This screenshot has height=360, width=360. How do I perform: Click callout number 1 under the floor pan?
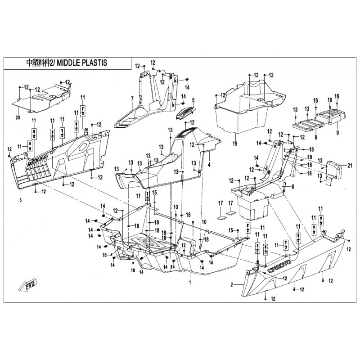tap(190, 282)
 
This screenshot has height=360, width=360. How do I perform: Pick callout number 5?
tap(192, 99)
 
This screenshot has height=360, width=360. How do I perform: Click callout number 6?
tap(292, 186)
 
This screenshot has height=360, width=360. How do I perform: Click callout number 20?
tap(18, 117)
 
